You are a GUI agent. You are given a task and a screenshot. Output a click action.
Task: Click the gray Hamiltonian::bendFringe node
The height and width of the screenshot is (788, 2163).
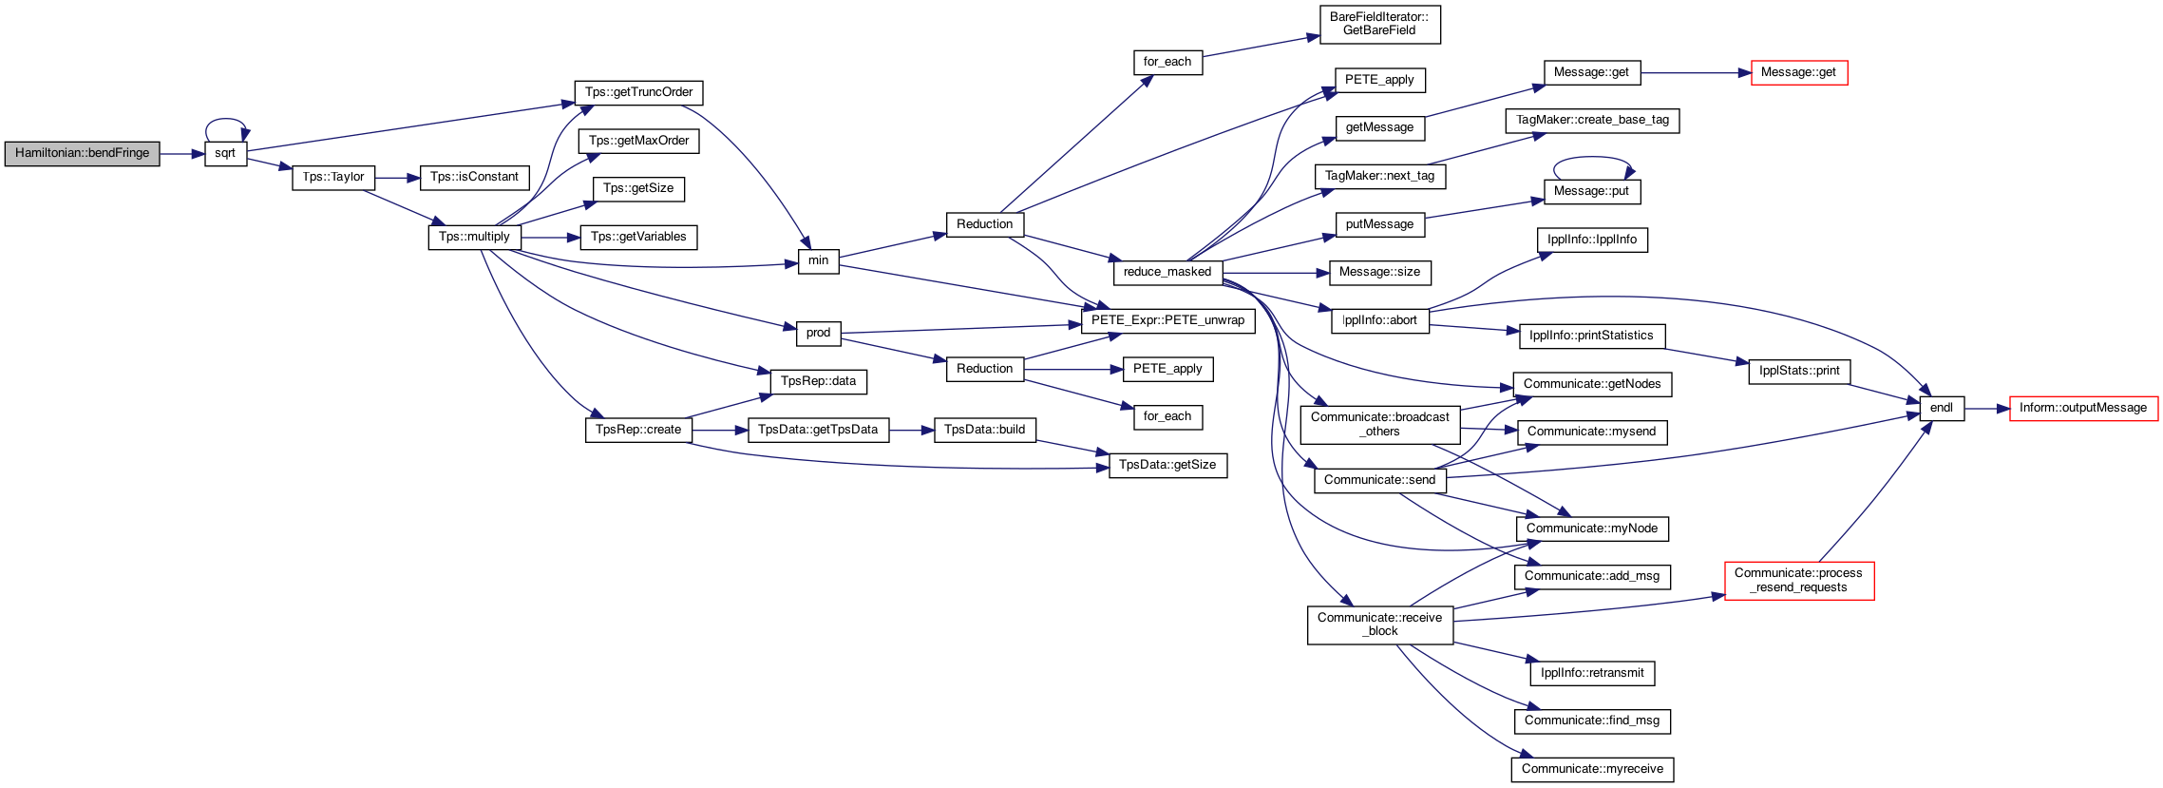point(82,153)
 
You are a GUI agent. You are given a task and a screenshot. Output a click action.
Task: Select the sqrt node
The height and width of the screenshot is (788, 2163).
point(225,153)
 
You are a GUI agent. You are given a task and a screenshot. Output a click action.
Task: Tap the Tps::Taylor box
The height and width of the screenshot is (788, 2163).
point(333,177)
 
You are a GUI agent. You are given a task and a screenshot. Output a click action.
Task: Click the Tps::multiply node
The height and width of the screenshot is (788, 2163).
point(474,237)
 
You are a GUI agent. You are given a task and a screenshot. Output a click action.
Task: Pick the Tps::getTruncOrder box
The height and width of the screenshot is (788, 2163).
point(638,92)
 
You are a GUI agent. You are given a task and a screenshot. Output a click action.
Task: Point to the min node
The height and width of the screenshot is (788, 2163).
point(818,260)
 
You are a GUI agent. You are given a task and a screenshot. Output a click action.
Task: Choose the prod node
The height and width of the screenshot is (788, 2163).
point(818,333)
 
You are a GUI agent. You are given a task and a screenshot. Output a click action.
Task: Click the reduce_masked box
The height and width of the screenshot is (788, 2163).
point(1167,272)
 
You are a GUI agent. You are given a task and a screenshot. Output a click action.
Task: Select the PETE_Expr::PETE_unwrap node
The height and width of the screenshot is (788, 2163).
point(1167,320)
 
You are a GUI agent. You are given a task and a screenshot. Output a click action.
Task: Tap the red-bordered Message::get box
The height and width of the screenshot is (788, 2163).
point(1798,72)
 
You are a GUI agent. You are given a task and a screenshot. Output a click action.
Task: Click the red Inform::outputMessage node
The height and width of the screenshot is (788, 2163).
point(2083,408)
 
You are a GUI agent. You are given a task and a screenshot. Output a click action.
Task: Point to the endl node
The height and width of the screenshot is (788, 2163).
point(1942,408)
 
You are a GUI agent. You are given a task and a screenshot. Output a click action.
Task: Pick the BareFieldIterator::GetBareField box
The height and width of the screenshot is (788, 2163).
point(1379,24)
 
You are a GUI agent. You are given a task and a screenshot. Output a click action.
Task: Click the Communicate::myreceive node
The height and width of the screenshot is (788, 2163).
point(1592,769)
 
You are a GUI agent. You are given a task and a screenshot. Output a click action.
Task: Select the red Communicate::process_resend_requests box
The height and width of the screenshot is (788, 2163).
point(1799,580)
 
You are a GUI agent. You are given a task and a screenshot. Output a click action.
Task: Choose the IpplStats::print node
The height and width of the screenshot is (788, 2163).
point(1799,371)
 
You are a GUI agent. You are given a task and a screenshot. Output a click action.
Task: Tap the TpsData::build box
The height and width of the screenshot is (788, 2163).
point(984,430)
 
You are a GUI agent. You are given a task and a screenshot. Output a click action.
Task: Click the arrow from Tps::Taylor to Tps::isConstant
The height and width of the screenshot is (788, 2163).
point(397,178)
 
